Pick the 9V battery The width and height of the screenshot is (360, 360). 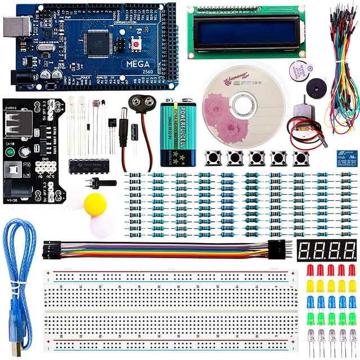click(178, 133)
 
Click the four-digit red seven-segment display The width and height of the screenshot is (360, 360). click(327, 250)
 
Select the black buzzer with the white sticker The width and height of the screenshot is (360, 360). click(300, 71)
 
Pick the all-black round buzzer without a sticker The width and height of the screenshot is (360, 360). click(316, 88)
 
